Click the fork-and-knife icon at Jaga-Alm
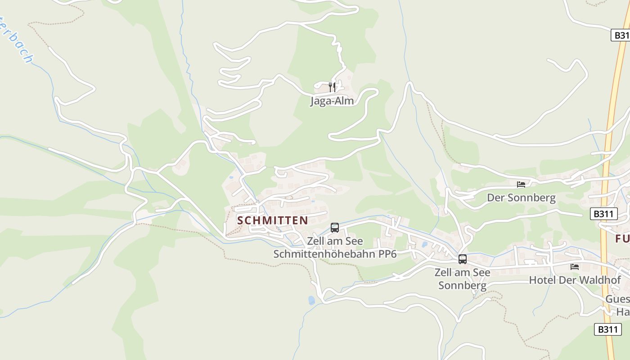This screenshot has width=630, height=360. (x=332, y=87)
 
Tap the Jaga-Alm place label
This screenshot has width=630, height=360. (x=332, y=101)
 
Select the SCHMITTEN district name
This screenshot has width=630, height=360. (x=272, y=220)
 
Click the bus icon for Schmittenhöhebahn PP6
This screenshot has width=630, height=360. (x=335, y=228)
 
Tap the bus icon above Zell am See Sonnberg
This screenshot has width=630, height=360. (x=462, y=259)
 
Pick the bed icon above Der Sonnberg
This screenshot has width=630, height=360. (x=521, y=184)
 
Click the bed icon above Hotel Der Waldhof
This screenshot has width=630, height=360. (x=575, y=266)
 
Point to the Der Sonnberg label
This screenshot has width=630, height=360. (x=521, y=198)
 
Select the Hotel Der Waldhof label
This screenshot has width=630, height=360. (x=575, y=280)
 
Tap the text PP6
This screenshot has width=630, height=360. (x=387, y=254)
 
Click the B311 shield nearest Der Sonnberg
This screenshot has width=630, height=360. (x=603, y=214)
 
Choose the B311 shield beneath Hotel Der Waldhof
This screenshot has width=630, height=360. (x=607, y=329)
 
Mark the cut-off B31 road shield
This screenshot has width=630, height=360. (x=620, y=35)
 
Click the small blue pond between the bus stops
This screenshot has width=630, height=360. (x=425, y=245)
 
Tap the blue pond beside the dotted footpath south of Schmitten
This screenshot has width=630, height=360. (x=311, y=300)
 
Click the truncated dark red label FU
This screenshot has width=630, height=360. (x=622, y=238)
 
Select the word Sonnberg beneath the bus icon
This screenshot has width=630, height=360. (x=462, y=285)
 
